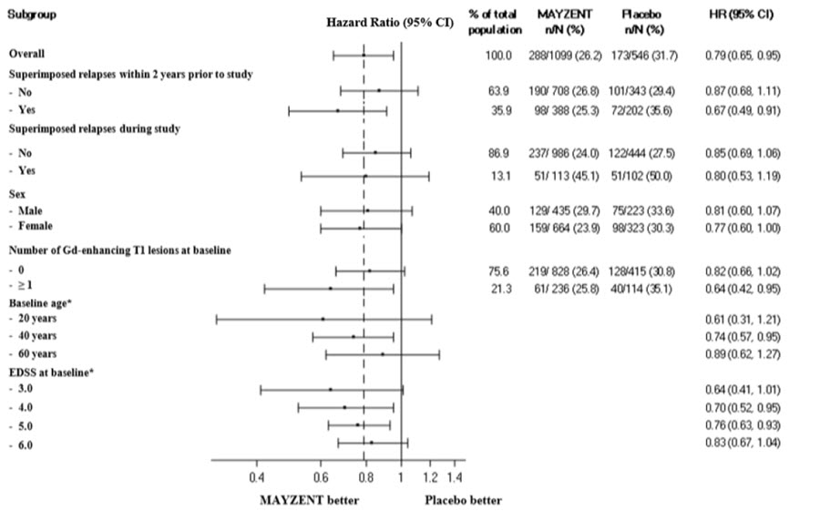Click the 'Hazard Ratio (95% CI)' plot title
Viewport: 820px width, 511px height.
coord(389,22)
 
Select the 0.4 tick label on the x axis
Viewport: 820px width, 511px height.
coord(256,476)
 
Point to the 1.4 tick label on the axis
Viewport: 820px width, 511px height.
coord(455,476)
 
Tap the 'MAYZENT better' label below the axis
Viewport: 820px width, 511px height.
coord(310,500)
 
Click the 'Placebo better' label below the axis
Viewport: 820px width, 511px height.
coord(463,500)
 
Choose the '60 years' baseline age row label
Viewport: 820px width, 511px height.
coord(38,353)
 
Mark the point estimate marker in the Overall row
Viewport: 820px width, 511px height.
coord(364,56)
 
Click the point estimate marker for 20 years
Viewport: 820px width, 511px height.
coord(323,319)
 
